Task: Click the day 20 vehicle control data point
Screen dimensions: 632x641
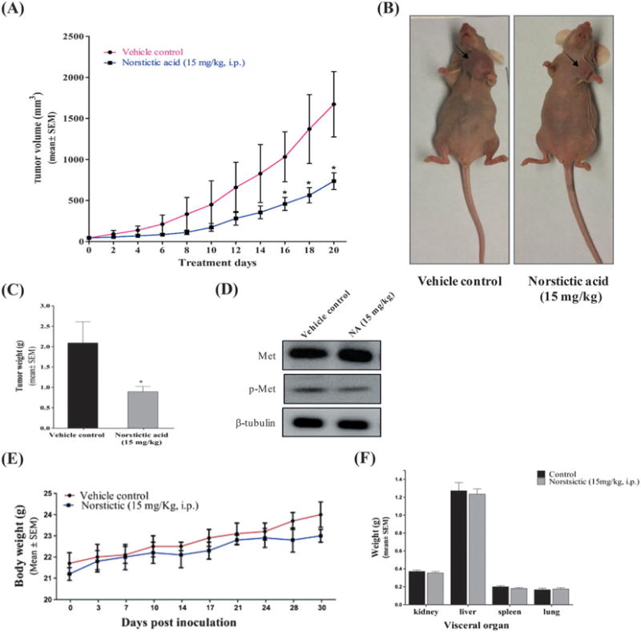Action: coord(333,104)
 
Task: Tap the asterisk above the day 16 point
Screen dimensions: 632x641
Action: coord(284,193)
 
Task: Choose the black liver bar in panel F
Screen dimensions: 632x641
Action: coord(436,547)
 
